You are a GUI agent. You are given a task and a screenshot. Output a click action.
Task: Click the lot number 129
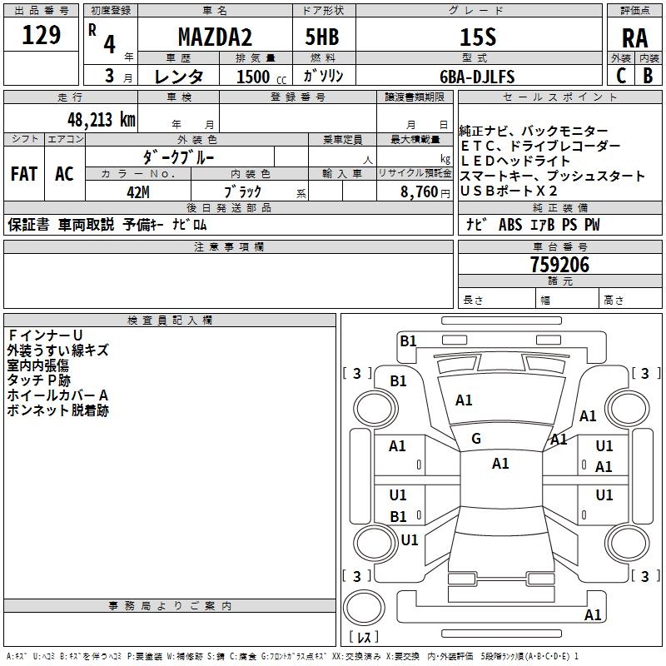click(42, 35)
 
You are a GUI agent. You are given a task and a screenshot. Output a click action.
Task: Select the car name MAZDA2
click(216, 37)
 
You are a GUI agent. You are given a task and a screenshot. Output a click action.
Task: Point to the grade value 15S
click(478, 37)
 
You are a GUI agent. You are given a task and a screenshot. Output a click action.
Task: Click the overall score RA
click(634, 37)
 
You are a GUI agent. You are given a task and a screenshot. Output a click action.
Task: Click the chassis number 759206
click(559, 265)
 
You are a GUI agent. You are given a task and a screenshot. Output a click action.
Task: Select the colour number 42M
click(138, 192)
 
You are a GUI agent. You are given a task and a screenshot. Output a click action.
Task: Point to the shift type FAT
click(24, 174)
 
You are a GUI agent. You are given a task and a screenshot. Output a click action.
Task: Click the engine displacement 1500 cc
click(258, 77)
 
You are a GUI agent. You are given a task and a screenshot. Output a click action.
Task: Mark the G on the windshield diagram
click(476, 438)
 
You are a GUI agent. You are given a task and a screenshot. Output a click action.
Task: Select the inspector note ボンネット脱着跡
click(57, 410)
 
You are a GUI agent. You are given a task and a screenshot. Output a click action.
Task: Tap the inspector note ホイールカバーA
click(57, 395)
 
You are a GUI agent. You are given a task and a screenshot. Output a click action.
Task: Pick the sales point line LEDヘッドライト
click(515, 161)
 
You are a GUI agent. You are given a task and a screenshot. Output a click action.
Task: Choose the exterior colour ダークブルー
click(180, 156)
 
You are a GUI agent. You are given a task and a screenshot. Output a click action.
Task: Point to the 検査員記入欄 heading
click(170, 321)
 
